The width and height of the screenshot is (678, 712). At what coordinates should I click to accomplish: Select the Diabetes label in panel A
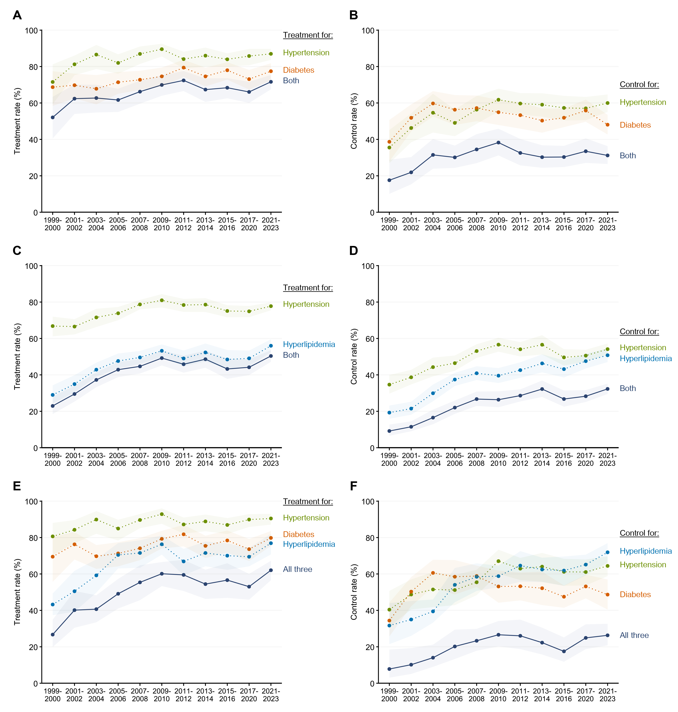299,70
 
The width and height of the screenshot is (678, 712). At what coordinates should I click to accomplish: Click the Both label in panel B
628,156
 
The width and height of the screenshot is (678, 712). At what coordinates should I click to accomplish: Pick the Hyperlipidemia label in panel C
309,345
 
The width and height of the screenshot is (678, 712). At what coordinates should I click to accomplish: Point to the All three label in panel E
297,569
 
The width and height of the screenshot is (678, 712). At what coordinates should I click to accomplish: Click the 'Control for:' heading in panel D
639,332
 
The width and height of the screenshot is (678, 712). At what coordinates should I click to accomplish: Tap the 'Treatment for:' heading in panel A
308,35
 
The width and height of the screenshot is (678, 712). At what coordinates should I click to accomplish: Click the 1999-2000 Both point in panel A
53,118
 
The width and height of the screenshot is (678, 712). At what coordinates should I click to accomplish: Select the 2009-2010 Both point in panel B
498,143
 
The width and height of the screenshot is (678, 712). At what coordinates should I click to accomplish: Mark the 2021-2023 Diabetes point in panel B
608,125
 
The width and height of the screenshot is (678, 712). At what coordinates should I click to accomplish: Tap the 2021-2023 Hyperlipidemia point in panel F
608,552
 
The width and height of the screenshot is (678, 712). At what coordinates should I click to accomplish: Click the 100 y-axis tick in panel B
368,31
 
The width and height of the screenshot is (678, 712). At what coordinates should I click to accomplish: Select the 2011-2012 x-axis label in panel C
184,459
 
